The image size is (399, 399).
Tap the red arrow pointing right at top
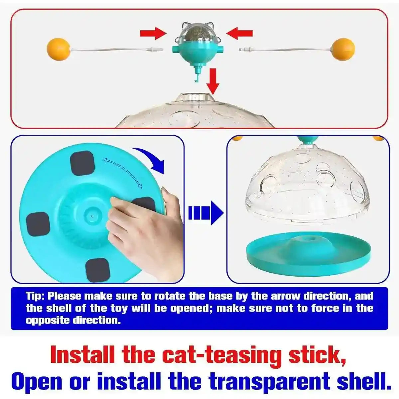[x=153, y=33]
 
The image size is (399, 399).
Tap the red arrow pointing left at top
[x=240, y=33]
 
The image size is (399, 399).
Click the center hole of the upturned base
[x=91, y=216]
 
